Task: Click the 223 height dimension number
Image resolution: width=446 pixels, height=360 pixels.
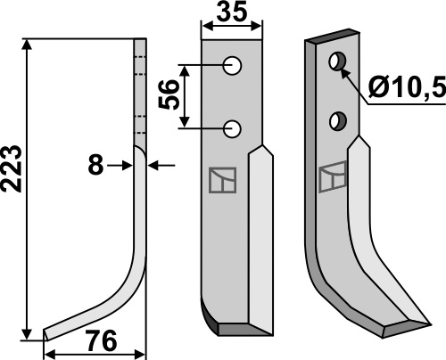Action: [12, 168]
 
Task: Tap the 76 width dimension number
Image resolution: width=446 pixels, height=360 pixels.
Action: [101, 341]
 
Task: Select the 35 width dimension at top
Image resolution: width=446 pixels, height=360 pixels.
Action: [232, 12]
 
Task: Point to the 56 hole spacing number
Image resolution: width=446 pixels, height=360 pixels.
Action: [169, 94]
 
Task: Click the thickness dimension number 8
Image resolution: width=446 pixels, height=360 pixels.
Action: [95, 165]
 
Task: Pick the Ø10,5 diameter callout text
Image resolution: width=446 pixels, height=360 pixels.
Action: [408, 86]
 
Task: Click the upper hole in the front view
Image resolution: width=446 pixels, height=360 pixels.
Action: [232, 66]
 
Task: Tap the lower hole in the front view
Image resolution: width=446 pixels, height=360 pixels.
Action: [232, 129]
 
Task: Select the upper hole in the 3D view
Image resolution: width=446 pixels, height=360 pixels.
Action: [337, 61]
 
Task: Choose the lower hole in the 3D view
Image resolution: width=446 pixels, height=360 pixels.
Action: [338, 121]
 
